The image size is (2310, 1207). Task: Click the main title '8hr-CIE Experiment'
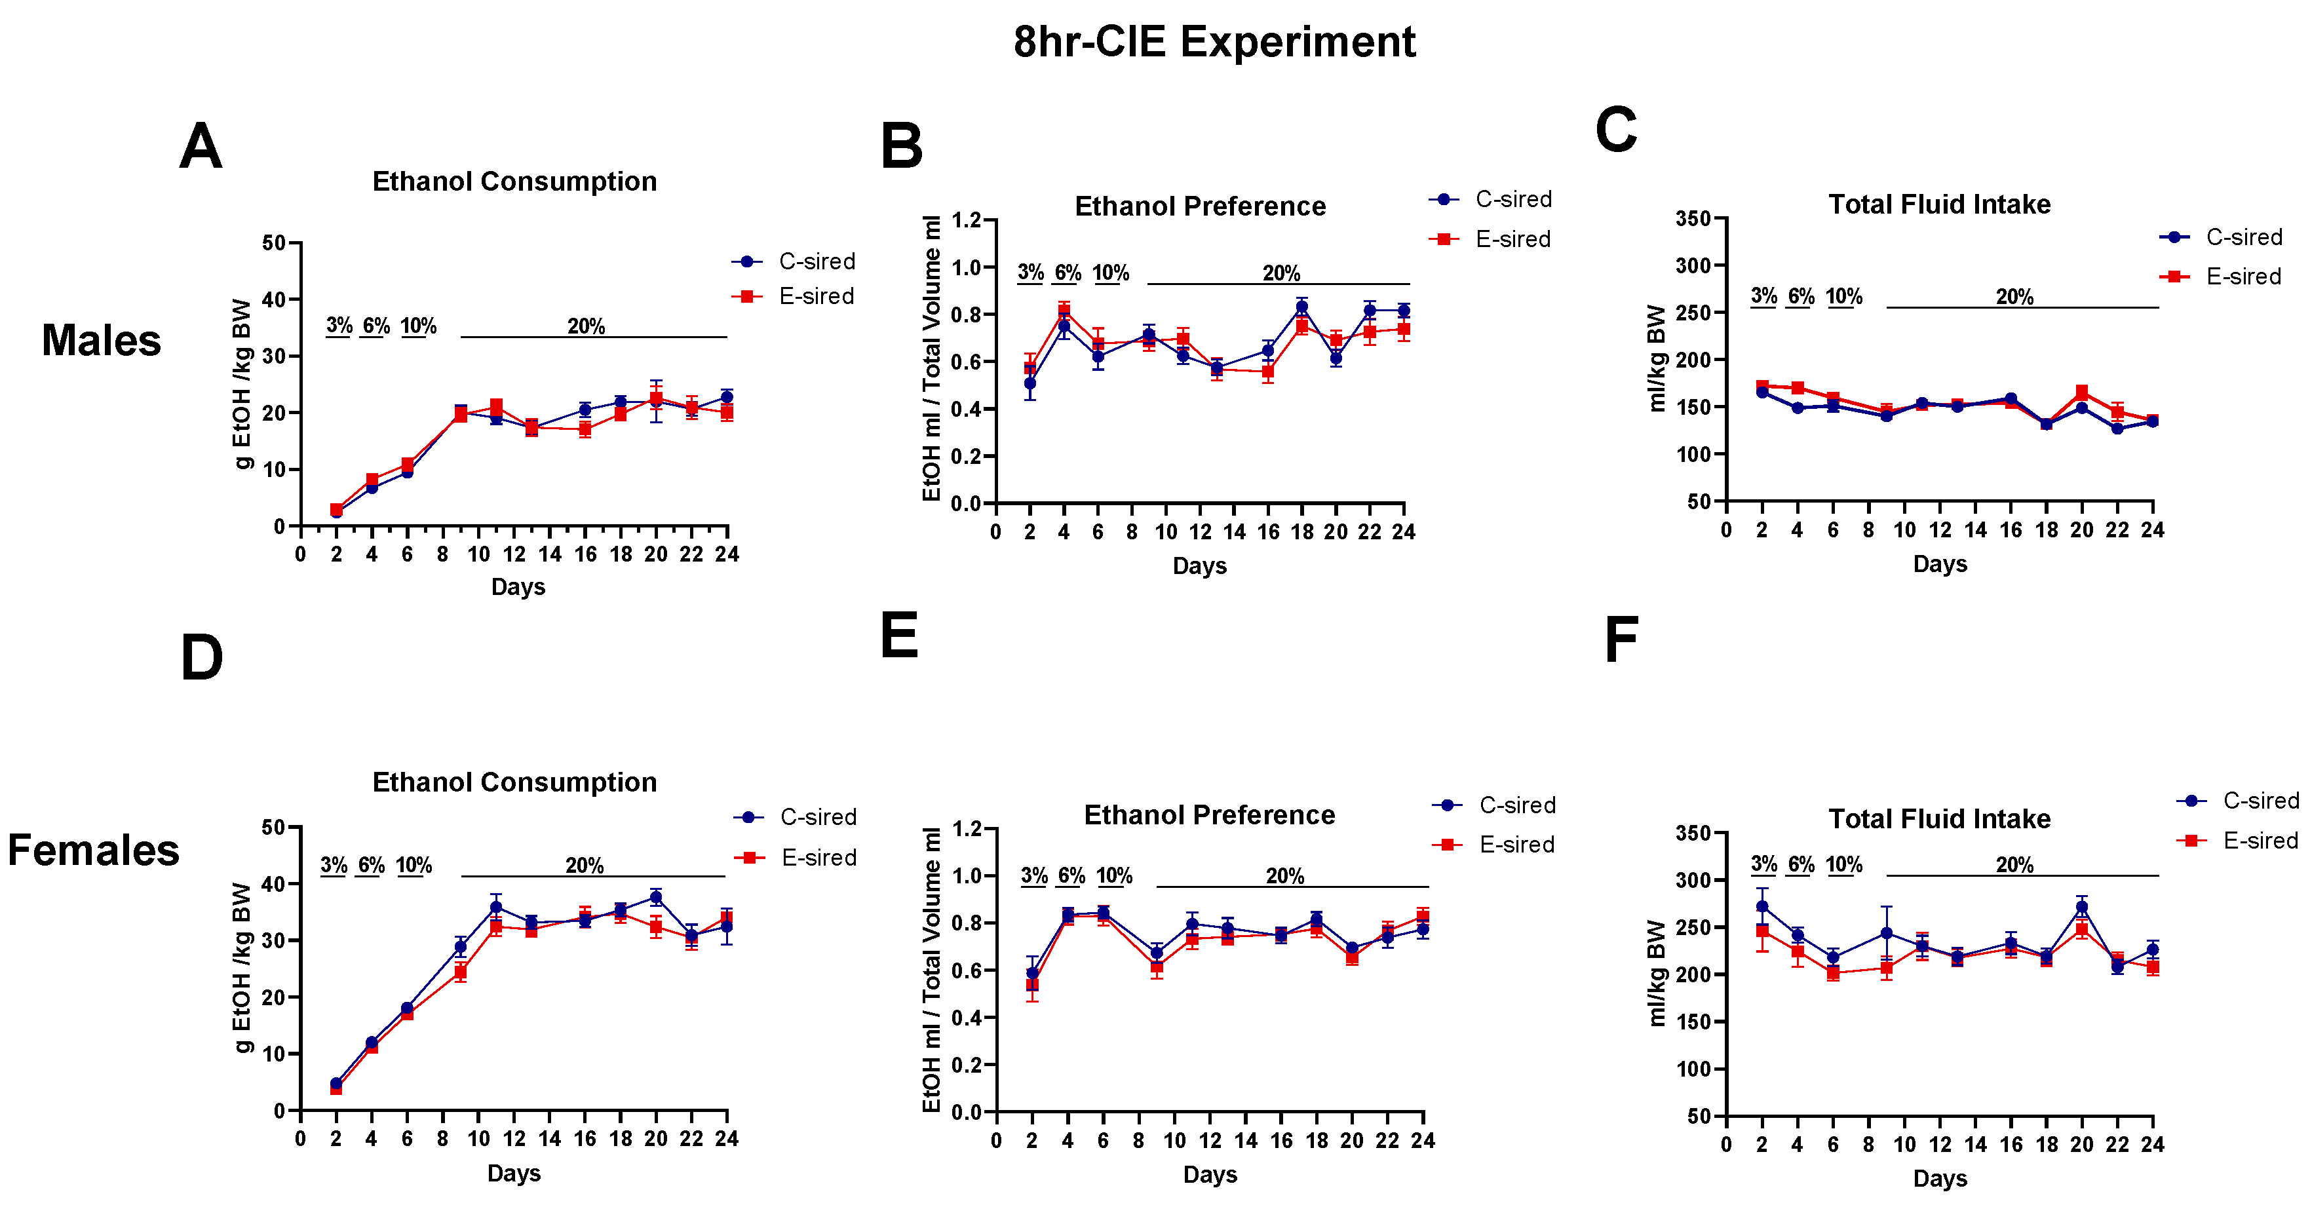[x=1214, y=42]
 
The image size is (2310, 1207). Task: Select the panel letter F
[x=1621, y=640]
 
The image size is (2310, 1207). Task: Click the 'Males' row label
[x=102, y=341]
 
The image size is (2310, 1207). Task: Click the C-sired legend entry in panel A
[x=794, y=261]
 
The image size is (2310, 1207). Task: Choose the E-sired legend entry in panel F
[x=2237, y=840]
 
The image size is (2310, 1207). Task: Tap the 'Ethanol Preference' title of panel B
[x=1200, y=206]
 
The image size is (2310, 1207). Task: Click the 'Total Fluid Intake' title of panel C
[x=1940, y=204]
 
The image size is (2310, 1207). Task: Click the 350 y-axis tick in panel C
[x=1693, y=219]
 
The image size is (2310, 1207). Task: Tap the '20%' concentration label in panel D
[x=585, y=866]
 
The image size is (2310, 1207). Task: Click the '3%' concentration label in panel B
[x=1030, y=273]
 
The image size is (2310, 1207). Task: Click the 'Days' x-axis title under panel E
[x=1210, y=1175]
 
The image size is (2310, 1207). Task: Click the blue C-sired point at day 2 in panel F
[x=1762, y=907]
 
